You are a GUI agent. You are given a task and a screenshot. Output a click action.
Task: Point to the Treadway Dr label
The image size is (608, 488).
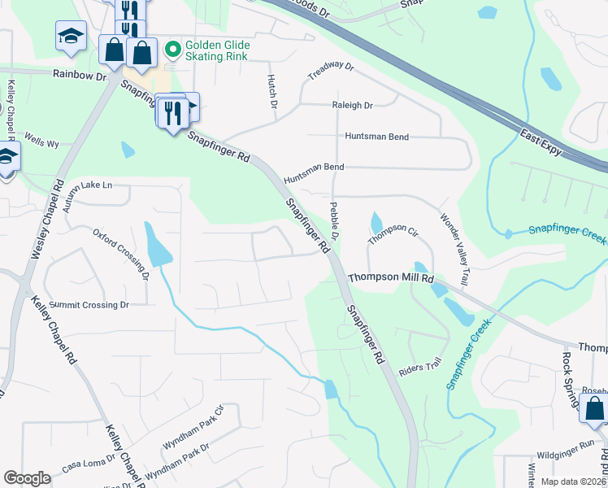pos(331,71)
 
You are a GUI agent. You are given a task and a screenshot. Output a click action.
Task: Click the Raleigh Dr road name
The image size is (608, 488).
pos(351,106)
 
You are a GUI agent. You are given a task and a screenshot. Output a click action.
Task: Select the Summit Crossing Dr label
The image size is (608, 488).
pos(89,305)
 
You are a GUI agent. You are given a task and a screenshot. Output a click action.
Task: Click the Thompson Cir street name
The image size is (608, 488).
pos(393,236)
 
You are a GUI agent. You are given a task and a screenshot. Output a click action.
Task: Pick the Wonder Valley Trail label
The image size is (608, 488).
pos(454,250)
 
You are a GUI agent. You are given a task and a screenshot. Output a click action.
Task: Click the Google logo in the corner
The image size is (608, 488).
pos(27,477)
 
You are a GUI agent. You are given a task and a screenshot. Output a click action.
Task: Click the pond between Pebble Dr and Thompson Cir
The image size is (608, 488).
pos(376,222)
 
